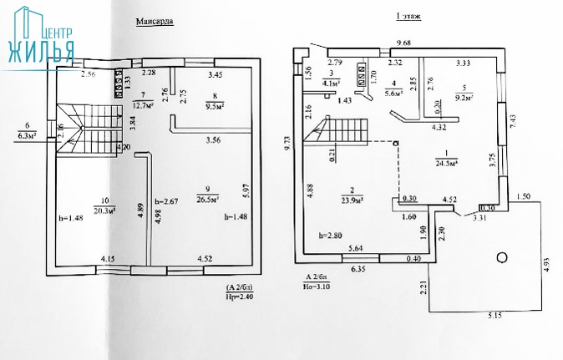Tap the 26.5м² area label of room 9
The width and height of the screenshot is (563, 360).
(207, 200)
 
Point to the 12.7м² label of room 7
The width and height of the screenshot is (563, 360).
(145, 105)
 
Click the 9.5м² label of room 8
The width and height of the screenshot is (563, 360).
(217, 106)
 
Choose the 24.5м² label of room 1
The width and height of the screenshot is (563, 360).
(458, 163)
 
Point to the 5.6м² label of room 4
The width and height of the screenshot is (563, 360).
(393, 94)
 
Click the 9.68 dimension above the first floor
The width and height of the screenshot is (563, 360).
(403, 43)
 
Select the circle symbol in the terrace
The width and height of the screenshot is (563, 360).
(501, 257)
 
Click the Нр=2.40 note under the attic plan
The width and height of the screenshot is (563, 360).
(238, 296)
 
